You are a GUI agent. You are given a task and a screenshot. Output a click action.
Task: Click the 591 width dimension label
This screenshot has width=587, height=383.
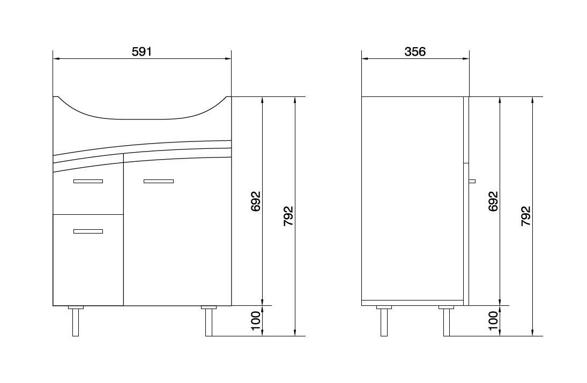tap(142, 51)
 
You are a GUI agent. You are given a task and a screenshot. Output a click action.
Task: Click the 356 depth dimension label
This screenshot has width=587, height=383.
tap(415, 51)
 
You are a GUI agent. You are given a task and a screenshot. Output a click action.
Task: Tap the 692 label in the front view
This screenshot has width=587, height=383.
tap(256, 201)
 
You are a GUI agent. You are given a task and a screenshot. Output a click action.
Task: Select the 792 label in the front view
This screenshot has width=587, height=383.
tap(288, 216)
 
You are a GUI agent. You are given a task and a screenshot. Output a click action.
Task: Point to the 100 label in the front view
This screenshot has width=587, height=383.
tap(256, 321)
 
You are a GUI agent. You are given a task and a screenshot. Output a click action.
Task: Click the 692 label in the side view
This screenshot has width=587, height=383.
tap(493, 201)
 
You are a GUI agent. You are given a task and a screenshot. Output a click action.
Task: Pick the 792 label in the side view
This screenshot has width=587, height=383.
tap(526, 216)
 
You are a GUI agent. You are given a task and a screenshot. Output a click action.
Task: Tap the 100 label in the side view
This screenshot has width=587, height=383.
tap(493, 321)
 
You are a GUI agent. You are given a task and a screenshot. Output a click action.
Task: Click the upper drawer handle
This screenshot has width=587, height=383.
tap(88, 182)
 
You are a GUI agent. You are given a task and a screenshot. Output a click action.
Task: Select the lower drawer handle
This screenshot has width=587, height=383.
tap(88, 231)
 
